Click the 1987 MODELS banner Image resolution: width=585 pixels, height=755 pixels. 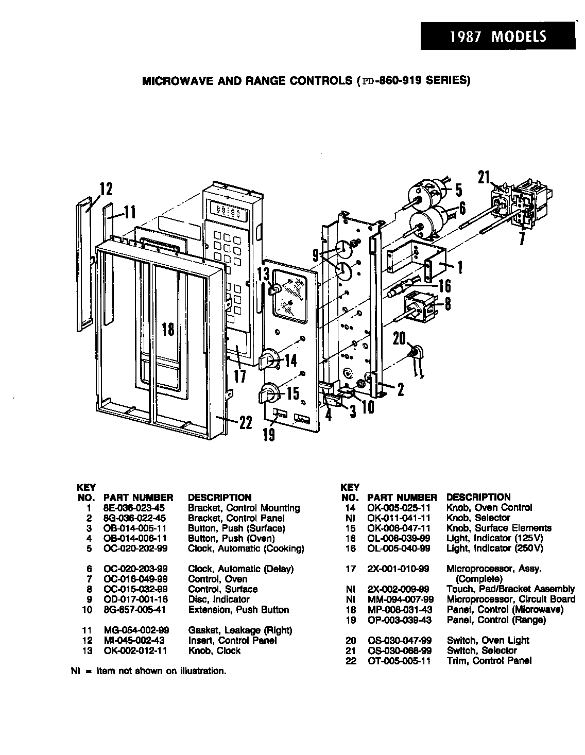click(497, 37)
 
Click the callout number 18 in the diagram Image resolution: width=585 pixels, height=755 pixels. click(168, 329)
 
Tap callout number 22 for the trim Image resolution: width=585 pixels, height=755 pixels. click(245, 422)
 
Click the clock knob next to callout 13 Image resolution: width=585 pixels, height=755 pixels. click(276, 289)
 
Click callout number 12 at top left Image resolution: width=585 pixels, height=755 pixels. click(106, 189)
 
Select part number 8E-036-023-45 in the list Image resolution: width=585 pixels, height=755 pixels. click(134, 508)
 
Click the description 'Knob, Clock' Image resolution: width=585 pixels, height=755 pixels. click(214, 650)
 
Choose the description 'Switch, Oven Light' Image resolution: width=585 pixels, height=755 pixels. click(487, 640)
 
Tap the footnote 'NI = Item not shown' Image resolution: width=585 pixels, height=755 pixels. click(148, 671)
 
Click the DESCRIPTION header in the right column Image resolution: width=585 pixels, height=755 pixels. click(478, 497)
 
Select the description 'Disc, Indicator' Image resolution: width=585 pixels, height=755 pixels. click(218, 599)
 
